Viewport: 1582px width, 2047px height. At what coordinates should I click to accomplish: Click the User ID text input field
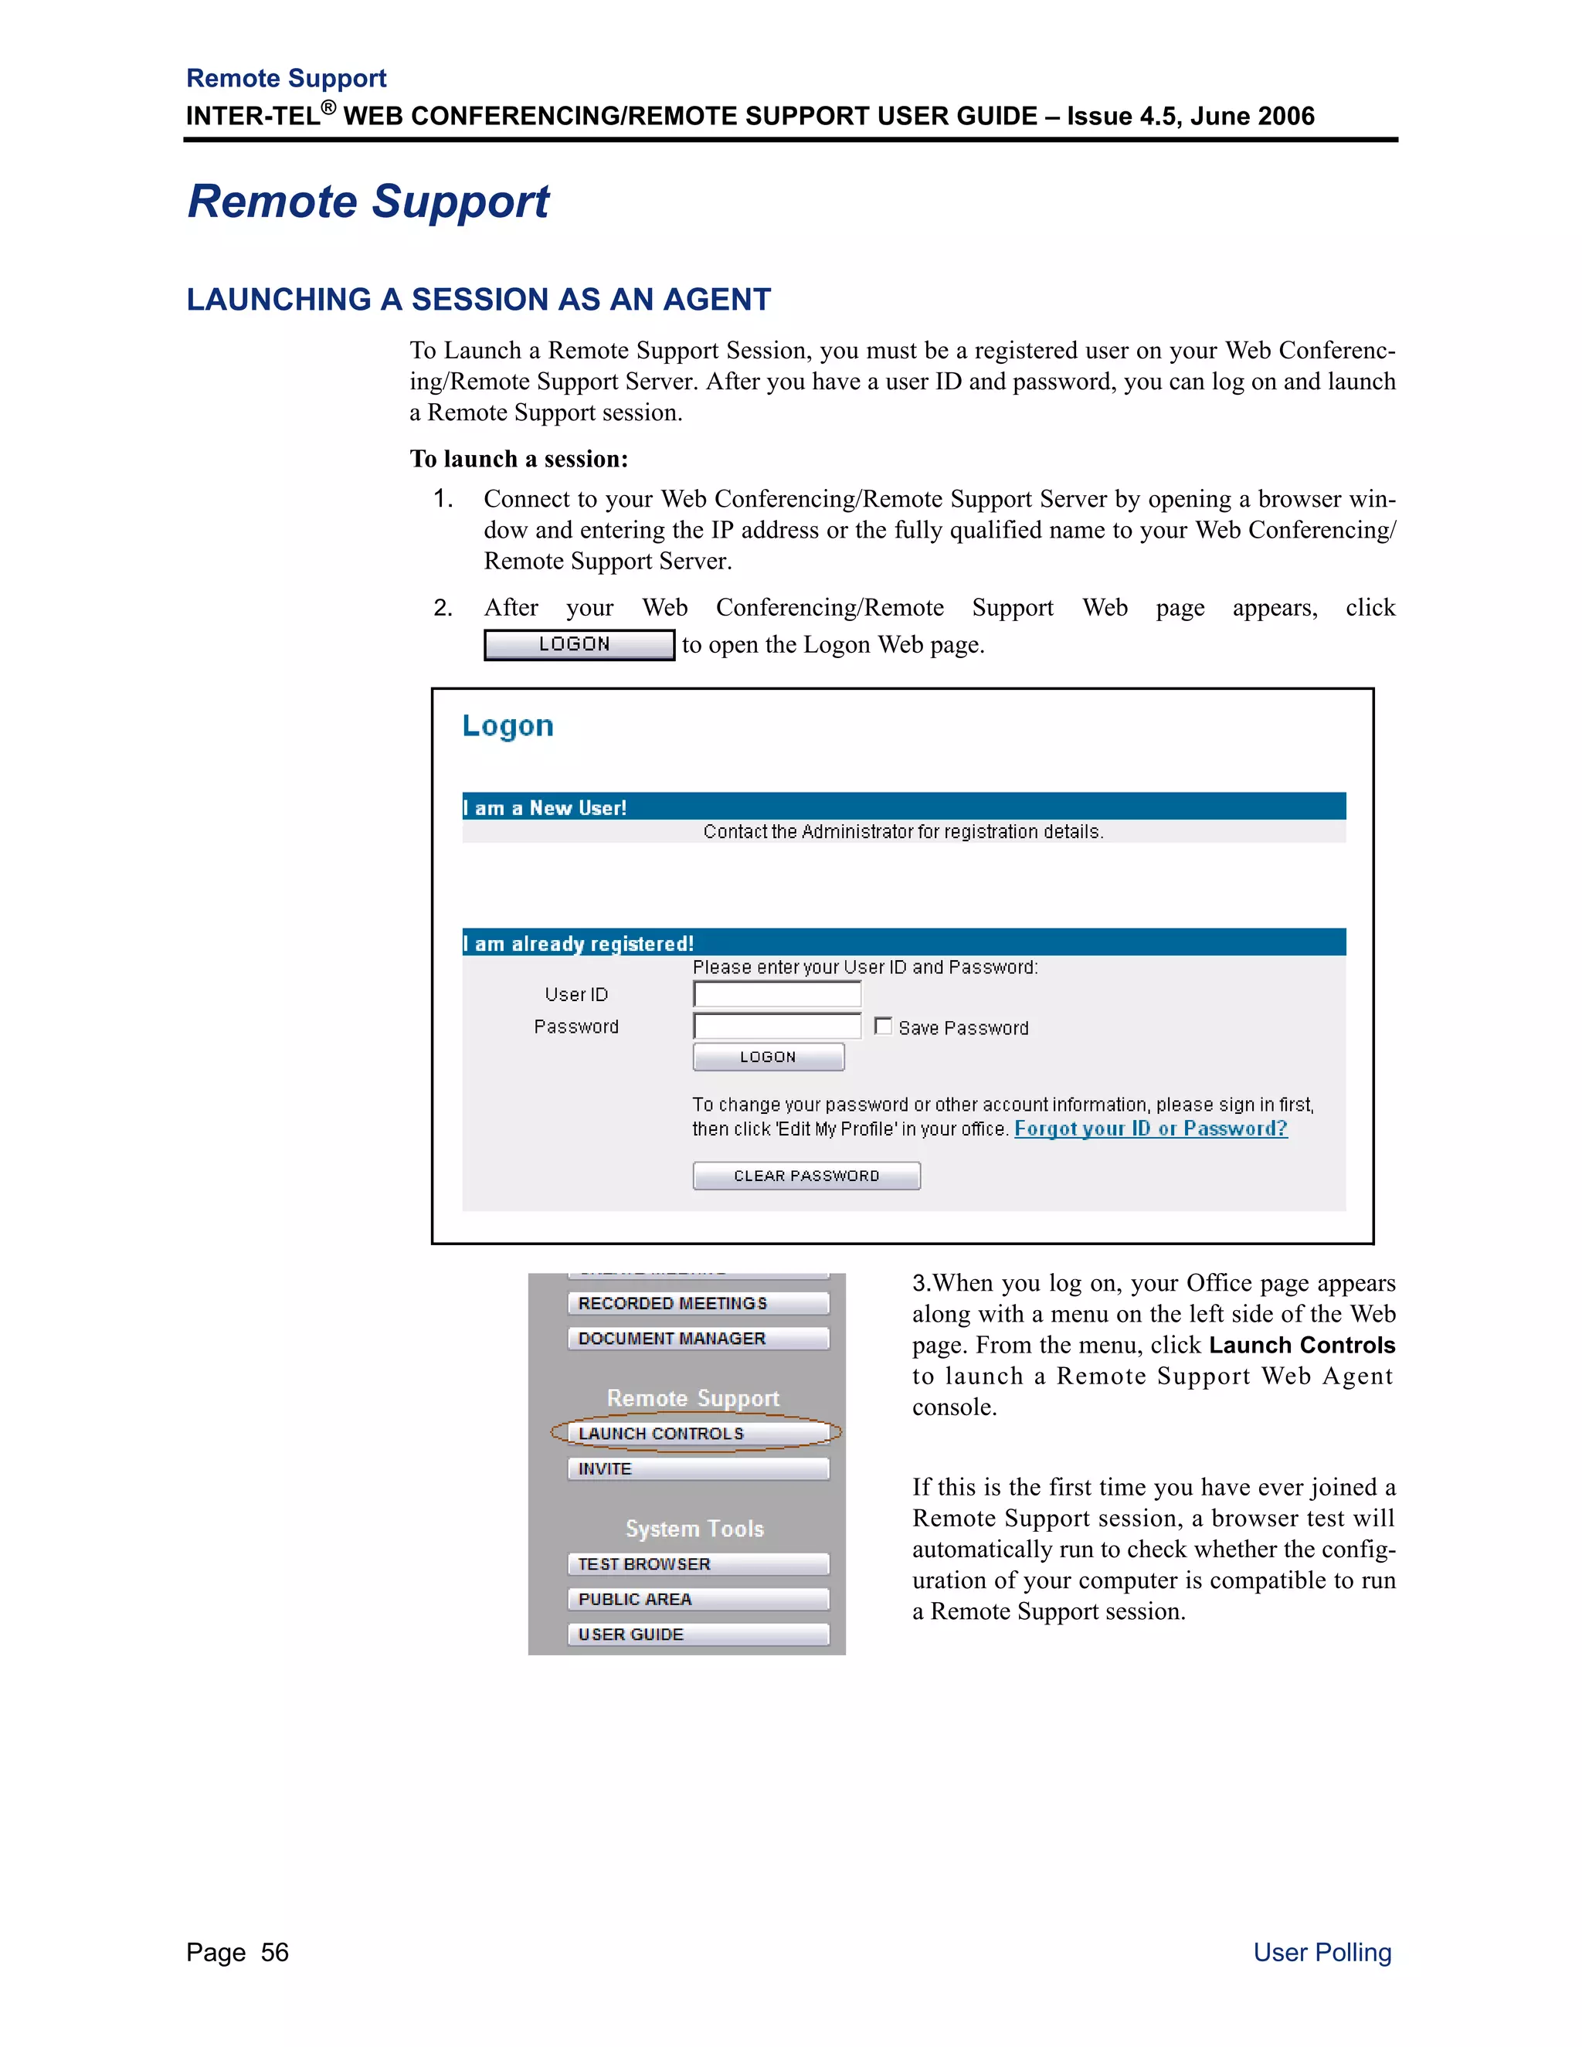(x=776, y=994)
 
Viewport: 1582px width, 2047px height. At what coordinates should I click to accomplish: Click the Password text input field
(x=776, y=1027)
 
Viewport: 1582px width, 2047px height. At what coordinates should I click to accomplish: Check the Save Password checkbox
(x=883, y=1027)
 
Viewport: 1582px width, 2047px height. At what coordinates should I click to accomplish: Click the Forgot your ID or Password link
(x=1150, y=1129)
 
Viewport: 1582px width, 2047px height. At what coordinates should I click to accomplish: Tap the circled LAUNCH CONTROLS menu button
(x=698, y=1433)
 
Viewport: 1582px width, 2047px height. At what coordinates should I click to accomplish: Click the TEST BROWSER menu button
(x=698, y=1564)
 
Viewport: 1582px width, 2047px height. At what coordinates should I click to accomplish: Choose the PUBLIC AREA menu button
(x=698, y=1599)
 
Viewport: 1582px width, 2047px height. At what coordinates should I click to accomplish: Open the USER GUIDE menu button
(x=698, y=1635)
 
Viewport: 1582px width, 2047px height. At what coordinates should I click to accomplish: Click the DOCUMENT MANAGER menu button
(x=698, y=1339)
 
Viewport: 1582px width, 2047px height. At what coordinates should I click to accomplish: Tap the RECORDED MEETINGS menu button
(x=698, y=1304)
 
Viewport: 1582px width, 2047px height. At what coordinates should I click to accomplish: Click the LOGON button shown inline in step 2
(x=579, y=645)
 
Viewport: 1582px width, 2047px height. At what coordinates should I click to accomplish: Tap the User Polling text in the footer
(x=1322, y=1952)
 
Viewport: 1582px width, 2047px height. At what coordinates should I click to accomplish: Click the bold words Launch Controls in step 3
(x=1301, y=1345)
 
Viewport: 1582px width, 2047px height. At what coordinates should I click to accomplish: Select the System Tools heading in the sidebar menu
(x=694, y=1529)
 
